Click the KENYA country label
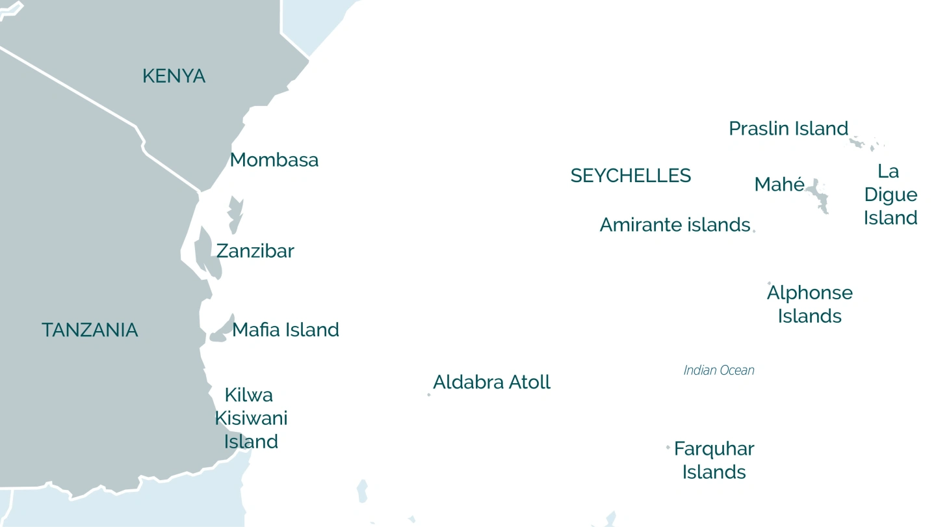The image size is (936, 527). pos(174,76)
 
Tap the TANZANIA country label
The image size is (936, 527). pos(90,330)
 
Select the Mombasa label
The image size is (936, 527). pos(274,160)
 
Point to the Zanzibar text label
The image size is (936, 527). pos(255,251)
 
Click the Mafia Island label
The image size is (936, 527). pos(285,330)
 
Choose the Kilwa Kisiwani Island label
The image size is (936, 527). pos(251,418)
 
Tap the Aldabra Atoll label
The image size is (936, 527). pos(491,382)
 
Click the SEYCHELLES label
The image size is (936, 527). pos(630,176)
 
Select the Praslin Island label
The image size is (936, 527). pos(788,129)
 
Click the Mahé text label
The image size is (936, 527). pos(779,185)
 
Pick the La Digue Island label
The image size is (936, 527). pos(890,195)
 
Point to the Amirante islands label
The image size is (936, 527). pos(675,225)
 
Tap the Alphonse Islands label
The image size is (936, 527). pos(809,304)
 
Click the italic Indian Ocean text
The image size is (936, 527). pos(719,370)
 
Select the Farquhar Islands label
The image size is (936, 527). pos(714,461)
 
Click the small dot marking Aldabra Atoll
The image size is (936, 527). pos(429,394)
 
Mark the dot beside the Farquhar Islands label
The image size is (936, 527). pos(668,447)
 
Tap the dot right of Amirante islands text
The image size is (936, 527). pos(754,230)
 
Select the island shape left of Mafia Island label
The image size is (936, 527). pos(222,332)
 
